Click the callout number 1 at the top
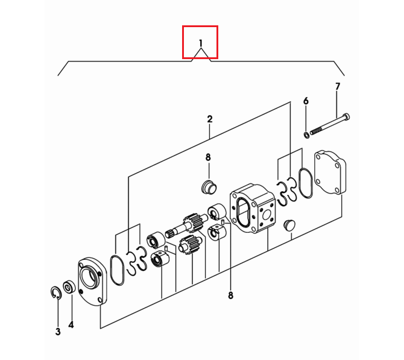[201, 43]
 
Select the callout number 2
[210, 119]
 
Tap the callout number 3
[58, 332]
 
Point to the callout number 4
[71, 324]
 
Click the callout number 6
[306, 101]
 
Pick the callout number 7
[338, 87]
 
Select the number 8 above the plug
[208, 157]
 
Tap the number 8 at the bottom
[230, 295]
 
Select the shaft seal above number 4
[69, 288]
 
